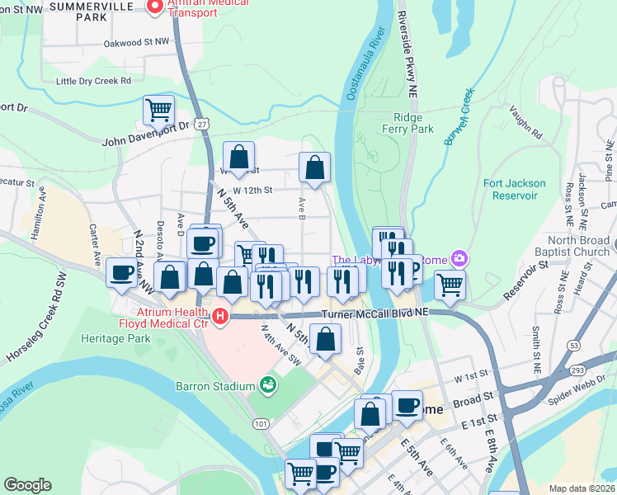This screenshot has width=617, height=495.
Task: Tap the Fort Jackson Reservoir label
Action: point(514,189)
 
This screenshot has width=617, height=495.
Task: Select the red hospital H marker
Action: point(220,316)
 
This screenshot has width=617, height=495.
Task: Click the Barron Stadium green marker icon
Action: point(267,384)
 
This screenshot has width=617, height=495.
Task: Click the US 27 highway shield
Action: point(202,123)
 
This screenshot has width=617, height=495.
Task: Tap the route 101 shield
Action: point(261,423)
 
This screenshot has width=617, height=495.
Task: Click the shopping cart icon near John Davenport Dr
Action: point(158,109)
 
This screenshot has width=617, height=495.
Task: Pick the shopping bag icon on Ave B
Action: point(314,167)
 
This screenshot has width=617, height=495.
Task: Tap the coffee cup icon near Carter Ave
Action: point(121,272)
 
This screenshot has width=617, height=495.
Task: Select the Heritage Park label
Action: point(115,338)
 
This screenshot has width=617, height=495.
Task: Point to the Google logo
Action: point(27,485)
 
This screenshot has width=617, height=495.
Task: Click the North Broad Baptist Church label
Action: point(577,247)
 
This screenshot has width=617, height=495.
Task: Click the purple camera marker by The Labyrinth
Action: point(456,259)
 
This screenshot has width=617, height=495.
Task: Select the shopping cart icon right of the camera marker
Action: point(450,285)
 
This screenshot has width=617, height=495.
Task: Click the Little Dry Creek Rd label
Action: point(93,81)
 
